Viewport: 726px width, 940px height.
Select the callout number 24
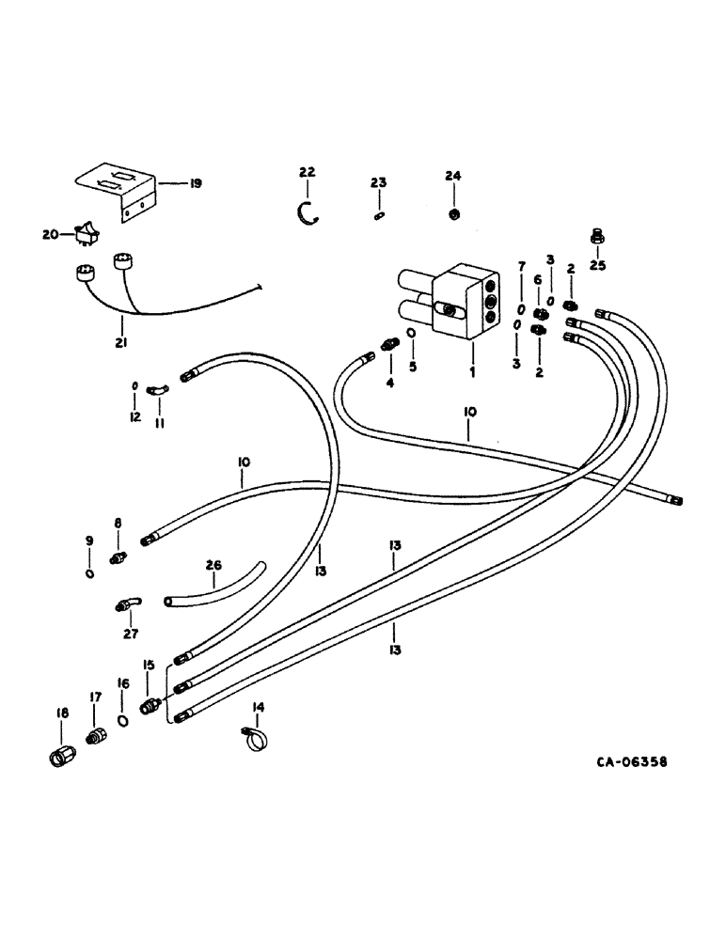pos(453,175)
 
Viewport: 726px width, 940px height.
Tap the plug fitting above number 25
pos(595,235)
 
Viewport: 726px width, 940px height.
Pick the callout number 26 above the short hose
pos(213,566)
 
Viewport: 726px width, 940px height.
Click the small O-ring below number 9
pos(87,575)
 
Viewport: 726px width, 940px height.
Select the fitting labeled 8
pos(118,557)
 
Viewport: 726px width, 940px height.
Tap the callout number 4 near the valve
pos(388,383)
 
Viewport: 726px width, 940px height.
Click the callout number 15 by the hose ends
pos(147,666)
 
